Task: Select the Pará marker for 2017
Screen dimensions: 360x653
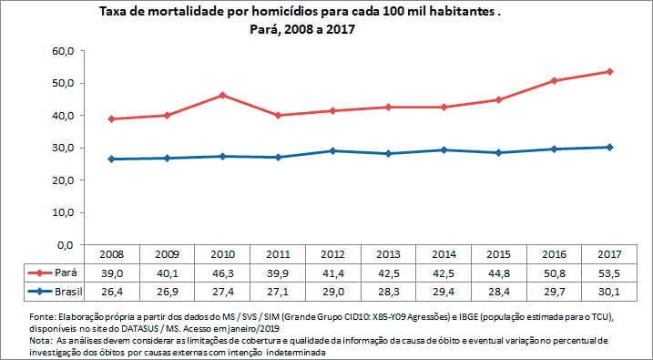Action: click(609, 71)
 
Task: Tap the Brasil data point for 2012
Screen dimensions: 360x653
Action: click(332, 150)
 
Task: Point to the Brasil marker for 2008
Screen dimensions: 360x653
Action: click(111, 159)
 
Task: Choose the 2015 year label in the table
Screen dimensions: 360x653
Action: click(498, 254)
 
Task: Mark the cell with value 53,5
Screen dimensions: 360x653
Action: click(609, 273)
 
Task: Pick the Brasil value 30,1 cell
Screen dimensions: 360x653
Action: click(609, 292)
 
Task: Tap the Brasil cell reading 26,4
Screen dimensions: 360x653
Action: click(111, 292)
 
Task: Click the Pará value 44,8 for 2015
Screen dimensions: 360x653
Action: click(498, 273)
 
